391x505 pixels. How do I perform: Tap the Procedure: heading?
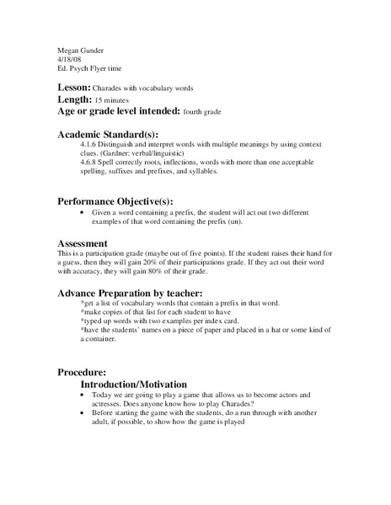[x=82, y=372]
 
